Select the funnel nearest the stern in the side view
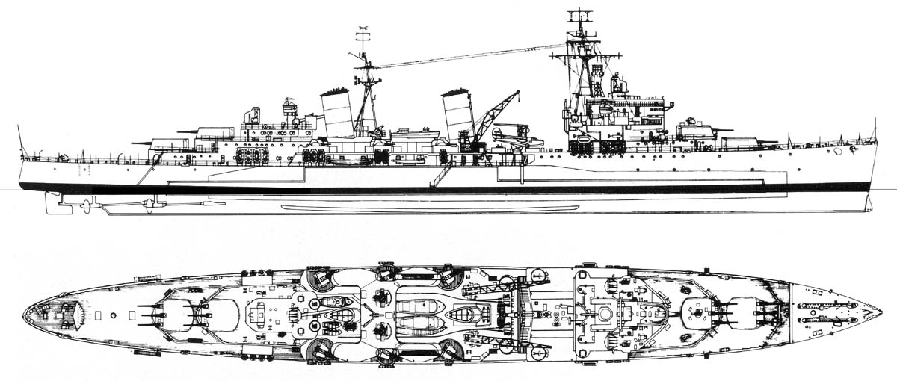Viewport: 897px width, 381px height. tap(337, 112)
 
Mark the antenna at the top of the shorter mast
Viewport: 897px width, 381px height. tap(363, 33)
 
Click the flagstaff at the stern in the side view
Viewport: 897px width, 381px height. tap(20, 141)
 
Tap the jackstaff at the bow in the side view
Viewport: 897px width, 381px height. tap(875, 129)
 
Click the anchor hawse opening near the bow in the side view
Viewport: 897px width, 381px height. tap(838, 150)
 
